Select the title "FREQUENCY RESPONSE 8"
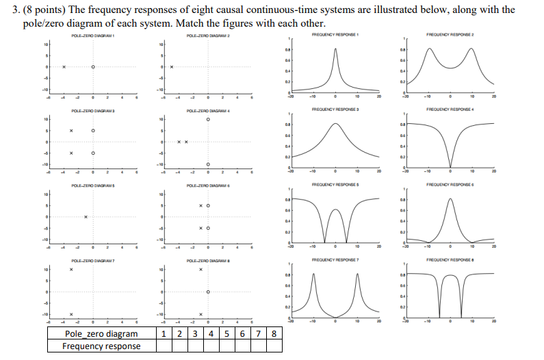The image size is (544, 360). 450,260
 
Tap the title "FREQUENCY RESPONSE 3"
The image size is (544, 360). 335,109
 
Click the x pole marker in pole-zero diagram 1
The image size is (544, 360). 63,67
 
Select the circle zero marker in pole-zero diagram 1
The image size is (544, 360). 93,67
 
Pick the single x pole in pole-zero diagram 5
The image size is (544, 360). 86,217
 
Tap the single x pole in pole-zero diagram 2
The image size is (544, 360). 172,67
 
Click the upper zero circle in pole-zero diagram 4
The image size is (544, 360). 208,119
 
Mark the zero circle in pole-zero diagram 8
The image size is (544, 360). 208,292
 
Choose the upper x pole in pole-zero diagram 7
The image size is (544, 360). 70,270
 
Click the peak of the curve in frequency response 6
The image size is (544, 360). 450,199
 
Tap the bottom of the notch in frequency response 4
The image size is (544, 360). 450,166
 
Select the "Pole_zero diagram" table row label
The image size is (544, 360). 101,334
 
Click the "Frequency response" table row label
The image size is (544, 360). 101,346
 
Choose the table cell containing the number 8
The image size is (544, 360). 274,334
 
